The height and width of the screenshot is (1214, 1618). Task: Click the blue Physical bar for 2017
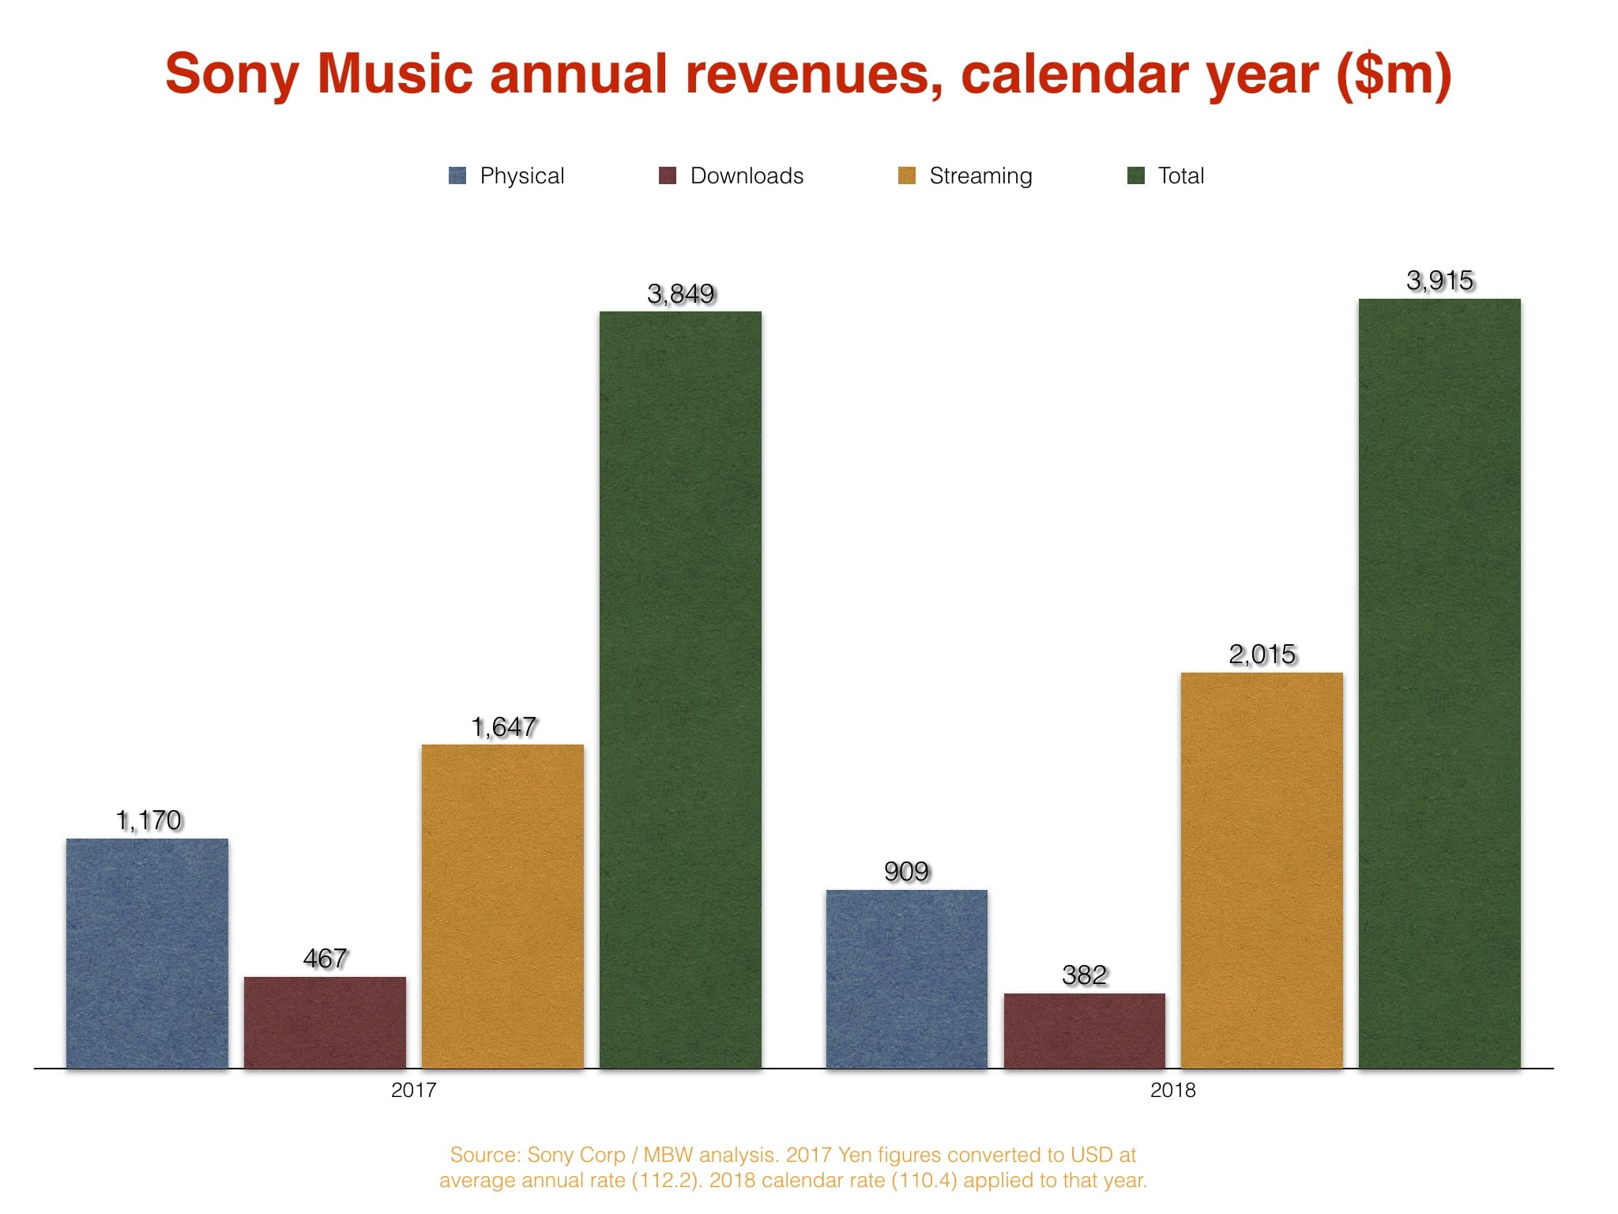click(147, 952)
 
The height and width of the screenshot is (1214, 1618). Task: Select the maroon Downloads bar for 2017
click(325, 1022)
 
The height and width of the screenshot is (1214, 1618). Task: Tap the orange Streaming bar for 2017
click(502, 906)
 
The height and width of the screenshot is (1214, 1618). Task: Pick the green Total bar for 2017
click(680, 689)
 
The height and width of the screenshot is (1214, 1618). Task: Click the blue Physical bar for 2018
click(906, 978)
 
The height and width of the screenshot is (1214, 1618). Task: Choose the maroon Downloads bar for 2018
click(1084, 1030)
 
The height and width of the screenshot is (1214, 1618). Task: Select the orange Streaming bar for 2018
click(1262, 869)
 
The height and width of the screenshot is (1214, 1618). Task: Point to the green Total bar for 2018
click(1439, 683)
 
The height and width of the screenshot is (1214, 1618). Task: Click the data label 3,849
click(680, 294)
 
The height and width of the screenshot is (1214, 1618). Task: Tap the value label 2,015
click(1262, 654)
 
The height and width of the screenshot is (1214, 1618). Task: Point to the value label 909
click(906, 872)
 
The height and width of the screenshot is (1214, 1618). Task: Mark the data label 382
click(1084, 975)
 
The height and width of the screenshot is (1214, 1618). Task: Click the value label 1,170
click(149, 820)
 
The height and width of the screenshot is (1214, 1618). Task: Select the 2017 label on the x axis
click(413, 1090)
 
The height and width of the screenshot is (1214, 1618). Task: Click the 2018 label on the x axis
click(1172, 1090)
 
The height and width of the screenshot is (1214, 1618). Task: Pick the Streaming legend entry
click(980, 175)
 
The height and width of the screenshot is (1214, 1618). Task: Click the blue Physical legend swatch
click(457, 175)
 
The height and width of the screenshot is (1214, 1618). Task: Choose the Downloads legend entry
click(746, 175)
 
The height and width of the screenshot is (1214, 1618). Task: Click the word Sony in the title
click(231, 74)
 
